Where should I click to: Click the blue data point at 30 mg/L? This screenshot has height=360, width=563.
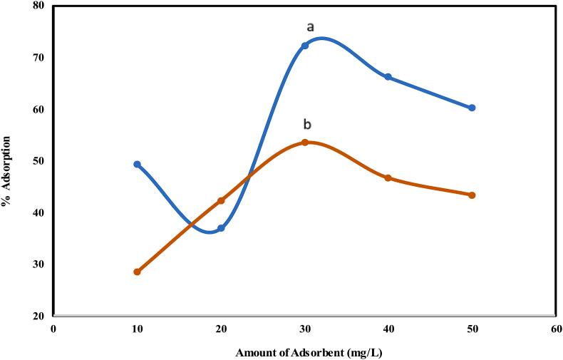(x=305, y=46)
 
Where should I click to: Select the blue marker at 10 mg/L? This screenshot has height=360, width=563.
(x=138, y=165)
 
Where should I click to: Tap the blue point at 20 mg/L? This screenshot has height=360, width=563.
(x=221, y=228)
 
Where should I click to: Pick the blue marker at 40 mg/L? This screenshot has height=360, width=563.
(x=388, y=77)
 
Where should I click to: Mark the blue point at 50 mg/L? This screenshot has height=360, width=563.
(x=472, y=108)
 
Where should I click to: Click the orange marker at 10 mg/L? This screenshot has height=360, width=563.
(x=138, y=272)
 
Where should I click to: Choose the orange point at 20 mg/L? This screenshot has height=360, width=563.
(x=221, y=200)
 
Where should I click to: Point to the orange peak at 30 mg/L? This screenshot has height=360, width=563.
(x=305, y=143)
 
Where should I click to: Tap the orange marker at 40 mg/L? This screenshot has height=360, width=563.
(x=388, y=178)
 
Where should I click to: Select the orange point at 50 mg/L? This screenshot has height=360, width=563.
(x=472, y=195)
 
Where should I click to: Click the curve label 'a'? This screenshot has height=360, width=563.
(x=310, y=27)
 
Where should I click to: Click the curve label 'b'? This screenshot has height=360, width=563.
(x=307, y=125)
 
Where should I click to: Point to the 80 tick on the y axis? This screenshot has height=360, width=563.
(x=38, y=6)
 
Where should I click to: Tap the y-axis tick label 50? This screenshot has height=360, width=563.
(x=38, y=161)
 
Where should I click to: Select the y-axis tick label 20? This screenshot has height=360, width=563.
(x=38, y=317)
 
